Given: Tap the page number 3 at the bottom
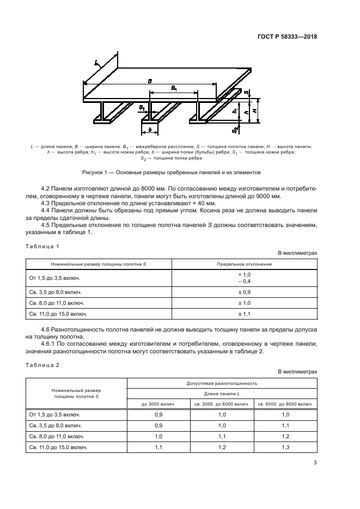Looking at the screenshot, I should (x=315, y=463).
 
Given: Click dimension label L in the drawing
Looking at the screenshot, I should (x=96, y=63).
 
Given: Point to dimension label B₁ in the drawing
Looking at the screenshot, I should (x=173, y=88).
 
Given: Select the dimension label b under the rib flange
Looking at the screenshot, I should (x=149, y=131).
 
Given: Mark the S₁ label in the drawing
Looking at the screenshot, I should (x=142, y=108).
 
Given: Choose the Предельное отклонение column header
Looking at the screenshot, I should (x=245, y=264).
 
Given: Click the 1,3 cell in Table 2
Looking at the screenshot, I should (x=285, y=447).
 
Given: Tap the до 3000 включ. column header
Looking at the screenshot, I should (x=158, y=404).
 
